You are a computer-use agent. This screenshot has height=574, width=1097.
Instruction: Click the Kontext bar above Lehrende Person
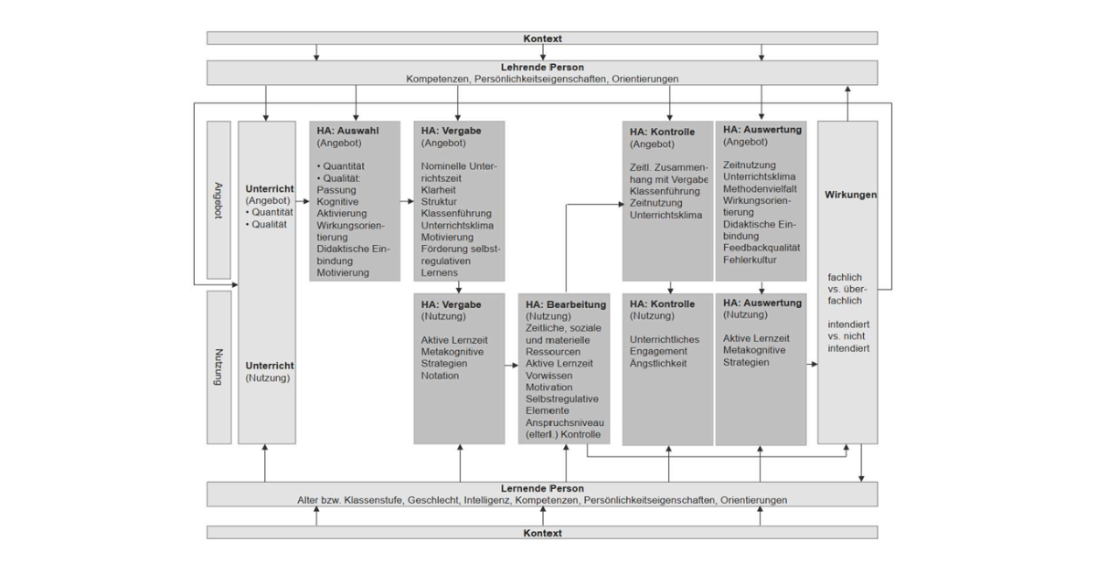pos(542,38)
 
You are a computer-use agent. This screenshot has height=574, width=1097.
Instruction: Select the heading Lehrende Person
pos(542,68)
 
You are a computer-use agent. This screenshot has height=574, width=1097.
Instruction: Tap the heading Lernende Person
pos(542,489)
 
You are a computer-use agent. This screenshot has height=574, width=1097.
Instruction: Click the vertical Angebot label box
pos(218,199)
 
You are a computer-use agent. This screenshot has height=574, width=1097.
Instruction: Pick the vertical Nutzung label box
pos(218,366)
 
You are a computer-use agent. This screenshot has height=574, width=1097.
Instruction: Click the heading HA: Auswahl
pos(348,131)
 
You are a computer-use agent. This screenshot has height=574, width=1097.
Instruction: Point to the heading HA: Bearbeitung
pos(563,304)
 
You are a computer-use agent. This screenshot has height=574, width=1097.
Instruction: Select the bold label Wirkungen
pos(850,196)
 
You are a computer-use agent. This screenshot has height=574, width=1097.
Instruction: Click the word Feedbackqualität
pos(762,248)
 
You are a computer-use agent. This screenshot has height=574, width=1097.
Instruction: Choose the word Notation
pos(442,376)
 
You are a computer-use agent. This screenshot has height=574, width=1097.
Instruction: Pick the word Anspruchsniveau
pos(565,422)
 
